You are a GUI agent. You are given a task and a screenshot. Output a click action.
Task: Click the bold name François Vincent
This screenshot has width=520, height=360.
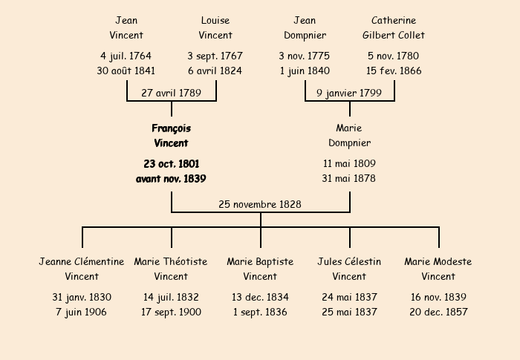pyautogui.click(x=171, y=136)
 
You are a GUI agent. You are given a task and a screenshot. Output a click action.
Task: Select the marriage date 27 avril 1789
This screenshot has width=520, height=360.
pyautogui.click(x=171, y=93)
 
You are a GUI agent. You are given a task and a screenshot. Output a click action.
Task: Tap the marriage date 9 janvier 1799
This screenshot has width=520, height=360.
pyautogui.click(x=349, y=93)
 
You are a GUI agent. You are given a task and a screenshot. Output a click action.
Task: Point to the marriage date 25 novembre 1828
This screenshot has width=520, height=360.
pyautogui.click(x=260, y=204)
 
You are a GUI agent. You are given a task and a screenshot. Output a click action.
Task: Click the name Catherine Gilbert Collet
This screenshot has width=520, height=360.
pyautogui.click(x=394, y=27)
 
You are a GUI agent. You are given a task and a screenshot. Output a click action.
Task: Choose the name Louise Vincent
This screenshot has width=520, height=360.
pyautogui.click(x=215, y=27)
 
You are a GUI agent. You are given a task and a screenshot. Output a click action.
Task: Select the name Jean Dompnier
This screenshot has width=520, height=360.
pyautogui.click(x=305, y=28)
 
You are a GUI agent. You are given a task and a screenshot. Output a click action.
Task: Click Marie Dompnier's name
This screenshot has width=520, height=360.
pyautogui.click(x=349, y=136)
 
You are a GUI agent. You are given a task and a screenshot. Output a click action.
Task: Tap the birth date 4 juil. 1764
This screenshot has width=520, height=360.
pyautogui.click(x=126, y=56)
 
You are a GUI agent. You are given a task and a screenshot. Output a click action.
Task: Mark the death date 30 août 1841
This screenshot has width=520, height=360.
pyautogui.click(x=126, y=71)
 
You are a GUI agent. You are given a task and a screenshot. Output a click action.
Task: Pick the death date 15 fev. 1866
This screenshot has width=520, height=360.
pyautogui.click(x=394, y=71)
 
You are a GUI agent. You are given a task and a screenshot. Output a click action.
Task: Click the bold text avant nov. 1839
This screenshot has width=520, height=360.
pyautogui.click(x=171, y=179)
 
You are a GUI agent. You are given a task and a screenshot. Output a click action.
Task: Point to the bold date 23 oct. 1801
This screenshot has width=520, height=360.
pyautogui.click(x=172, y=164)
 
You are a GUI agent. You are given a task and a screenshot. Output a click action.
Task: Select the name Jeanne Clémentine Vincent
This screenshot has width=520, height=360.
pyautogui.click(x=82, y=269)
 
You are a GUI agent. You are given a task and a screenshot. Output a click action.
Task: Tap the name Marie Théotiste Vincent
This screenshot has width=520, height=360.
pyautogui.click(x=171, y=269)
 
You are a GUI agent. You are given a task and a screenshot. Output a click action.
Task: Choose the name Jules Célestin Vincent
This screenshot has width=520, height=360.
pyautogui.click(x=349, y=269)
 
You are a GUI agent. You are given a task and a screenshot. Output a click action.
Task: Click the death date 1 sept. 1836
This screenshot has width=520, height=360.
pyautogui.click(x=260, y=312)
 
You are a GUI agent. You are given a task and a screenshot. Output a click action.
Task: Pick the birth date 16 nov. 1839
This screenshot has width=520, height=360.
pyautogui.click(x=438, y=297)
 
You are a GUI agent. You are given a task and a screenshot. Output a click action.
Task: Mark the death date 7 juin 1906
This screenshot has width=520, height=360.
pyautogui.click(x=81, y=312)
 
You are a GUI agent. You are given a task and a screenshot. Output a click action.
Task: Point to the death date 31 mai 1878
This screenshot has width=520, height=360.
pyautogui.click(x=349, y=178)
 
